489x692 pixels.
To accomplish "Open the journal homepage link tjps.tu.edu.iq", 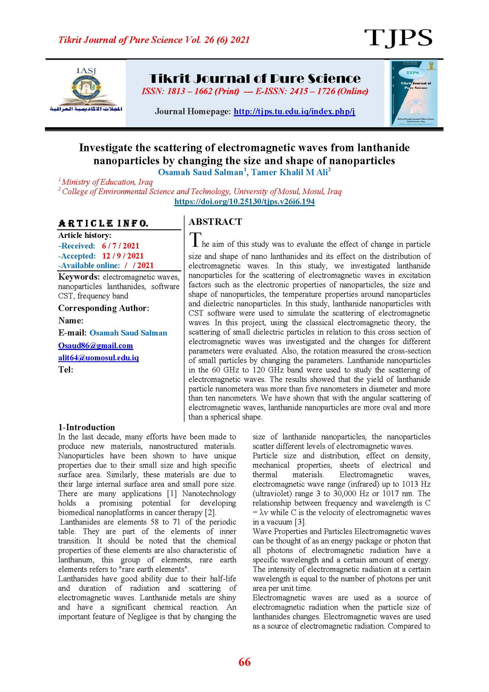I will tap(294, 111).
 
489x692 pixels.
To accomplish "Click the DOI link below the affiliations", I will tap(244, 202).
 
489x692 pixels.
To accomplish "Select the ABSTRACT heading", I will tap(215, 222).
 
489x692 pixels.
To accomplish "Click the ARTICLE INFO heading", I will tap(103, 224).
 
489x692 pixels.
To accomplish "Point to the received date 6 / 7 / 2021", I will tap(120, 246).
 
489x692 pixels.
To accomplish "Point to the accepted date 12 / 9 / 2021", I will tap(123, 256).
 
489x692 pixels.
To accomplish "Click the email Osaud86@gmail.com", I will tap(95, 346).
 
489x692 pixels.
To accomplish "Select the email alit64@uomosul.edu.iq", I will tap(98, 358).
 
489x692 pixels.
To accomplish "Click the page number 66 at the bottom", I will tap(244, 662).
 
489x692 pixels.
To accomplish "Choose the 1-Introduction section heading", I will tap(86, 427).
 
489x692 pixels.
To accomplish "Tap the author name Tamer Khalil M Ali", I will tap(289, 172).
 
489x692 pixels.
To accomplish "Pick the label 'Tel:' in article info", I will tap(66, 370).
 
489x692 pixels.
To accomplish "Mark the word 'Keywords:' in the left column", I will tap(79, 277).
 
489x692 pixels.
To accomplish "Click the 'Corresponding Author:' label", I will tap(104, 308).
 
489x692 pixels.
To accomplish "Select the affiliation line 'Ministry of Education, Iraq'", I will tap(107, 182).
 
